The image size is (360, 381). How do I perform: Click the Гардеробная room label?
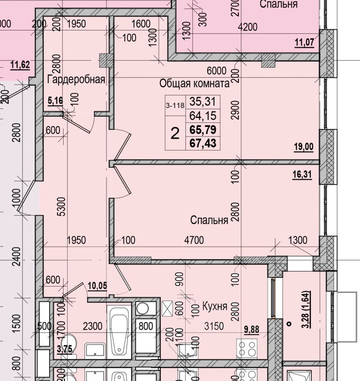coord(76,80)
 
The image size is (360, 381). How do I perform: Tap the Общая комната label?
coord(194,84)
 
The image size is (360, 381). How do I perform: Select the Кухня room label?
coord(215,306)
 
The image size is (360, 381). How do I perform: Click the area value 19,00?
coord(303,147)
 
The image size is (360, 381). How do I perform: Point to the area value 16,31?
coord(302,174)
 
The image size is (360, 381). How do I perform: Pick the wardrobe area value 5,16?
coord(55,100)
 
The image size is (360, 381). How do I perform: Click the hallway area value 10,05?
coord(97,286)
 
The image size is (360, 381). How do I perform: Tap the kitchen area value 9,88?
coord(251,330)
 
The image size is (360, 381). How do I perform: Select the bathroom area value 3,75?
coord(64,349)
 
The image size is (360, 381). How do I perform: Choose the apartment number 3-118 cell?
coord(175,106)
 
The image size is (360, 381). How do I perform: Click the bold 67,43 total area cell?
coord(203,143)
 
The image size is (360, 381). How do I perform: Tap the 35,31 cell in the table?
coord(203,102)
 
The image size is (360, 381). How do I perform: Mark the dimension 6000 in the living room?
coord(217,71)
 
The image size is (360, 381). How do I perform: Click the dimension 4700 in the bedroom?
coord(194,240)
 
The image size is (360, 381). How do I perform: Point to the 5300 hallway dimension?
coord(61,207)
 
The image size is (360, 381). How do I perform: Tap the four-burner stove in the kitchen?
coord(247,348)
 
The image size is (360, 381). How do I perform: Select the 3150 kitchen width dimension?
coord(214,326)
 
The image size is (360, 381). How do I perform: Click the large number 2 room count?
coord(175,134)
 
